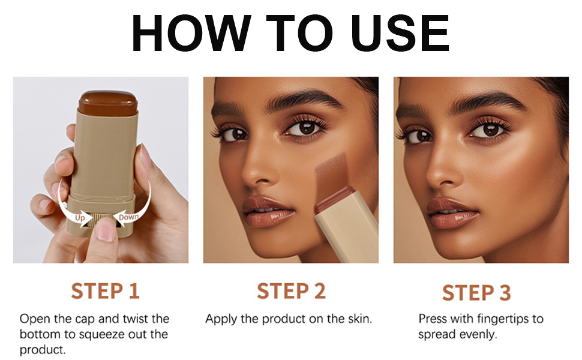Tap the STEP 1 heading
(106, 291)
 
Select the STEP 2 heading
(291, 291)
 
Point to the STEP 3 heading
(476, 292)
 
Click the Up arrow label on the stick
(80, 218)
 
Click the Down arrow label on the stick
(129, 217)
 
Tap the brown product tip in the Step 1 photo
(107, 102)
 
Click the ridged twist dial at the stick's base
(102, 219)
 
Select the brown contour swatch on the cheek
(331, 175)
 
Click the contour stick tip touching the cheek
(335, 200)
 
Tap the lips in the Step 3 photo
(451, 214)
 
